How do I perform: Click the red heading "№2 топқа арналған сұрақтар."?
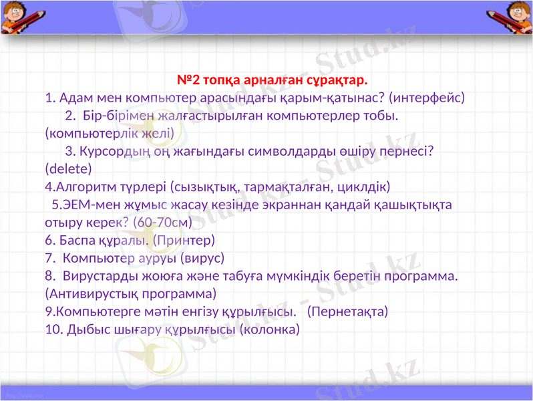[x=272, y=81]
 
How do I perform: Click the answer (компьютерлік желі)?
[x=110, y=133]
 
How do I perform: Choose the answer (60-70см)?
[x=162, y=221]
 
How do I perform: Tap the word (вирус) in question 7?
[x=201, y=257]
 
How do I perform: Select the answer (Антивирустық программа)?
[x=130, y=293]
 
